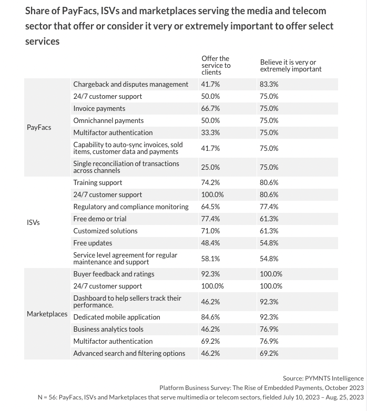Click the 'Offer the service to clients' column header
(216, 65)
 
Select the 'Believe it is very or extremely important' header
(290, 65)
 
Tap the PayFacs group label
(39, 127)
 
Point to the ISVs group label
(33, 222)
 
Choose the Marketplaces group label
(47, 314)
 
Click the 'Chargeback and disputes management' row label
(130, 84)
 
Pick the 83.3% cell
(269, 84)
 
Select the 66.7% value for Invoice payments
(210, 108)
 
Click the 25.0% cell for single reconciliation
(210, 167)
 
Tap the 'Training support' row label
(97, 182)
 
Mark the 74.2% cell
(210, 182)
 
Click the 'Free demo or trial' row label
(99, 219)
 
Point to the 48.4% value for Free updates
(210, 243)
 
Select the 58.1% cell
(210, 259)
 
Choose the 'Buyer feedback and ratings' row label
(114, 274)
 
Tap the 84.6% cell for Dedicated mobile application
(210, 317)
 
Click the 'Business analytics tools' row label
(108, 329)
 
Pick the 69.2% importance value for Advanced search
(269, 353)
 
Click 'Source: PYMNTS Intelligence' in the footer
(323, 378)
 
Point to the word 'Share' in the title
(37, 11)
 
